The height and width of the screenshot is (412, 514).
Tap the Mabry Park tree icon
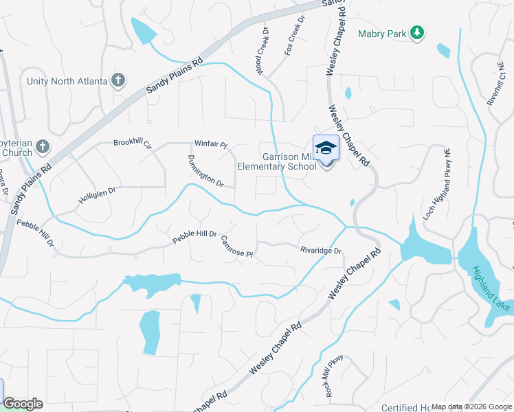[416, 33]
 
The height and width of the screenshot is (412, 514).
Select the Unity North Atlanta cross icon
[118, 80]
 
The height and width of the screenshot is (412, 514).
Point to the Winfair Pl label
[210, 144]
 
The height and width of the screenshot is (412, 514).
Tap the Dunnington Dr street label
[205, 172]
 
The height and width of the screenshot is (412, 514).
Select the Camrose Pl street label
[238, 247]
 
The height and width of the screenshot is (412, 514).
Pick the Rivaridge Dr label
[321, 251]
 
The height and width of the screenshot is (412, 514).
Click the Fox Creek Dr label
[293, 37]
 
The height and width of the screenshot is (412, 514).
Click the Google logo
[23, 404]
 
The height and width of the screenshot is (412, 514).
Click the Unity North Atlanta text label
[67, 81]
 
